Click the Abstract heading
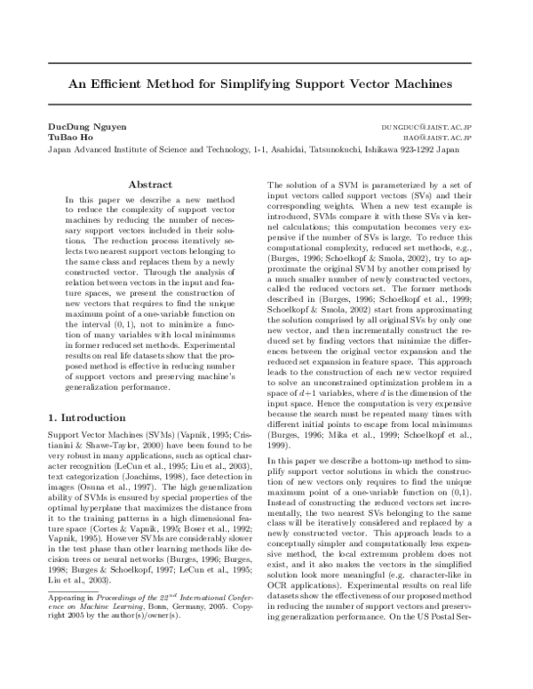tap(150, 185)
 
